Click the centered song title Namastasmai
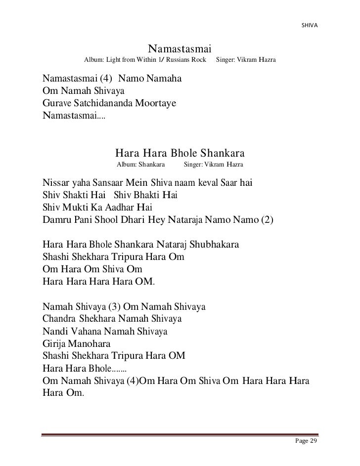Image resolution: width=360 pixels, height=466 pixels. click(x=180, y=49)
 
